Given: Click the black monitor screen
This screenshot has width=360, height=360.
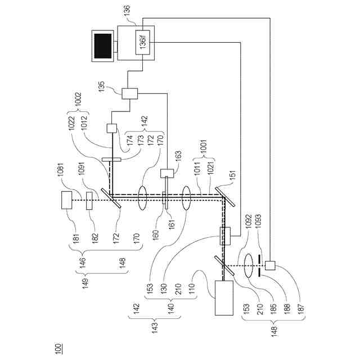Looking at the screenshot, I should tap(103, 46).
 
